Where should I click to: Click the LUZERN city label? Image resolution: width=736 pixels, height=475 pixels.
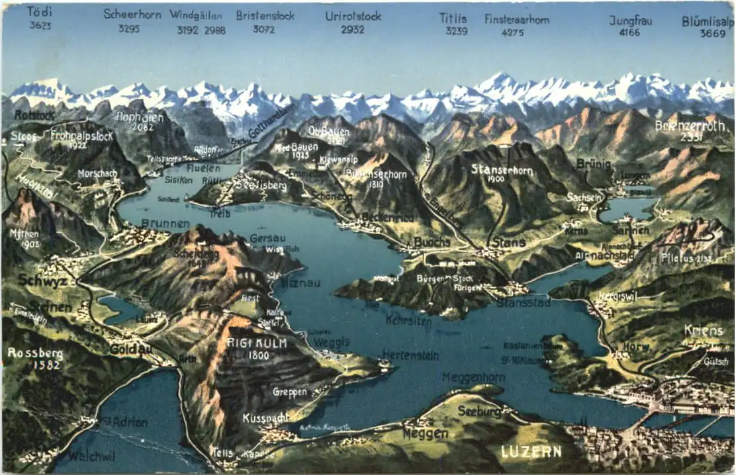click(531, 452)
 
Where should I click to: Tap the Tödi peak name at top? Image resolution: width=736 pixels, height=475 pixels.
click(40, 12)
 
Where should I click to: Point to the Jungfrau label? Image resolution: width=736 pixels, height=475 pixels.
click(630, 21)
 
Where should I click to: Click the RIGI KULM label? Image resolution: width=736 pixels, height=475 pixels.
click(247, 343)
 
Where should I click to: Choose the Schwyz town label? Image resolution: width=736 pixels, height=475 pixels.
click(43, 281)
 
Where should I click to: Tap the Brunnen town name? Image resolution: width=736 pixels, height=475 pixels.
click(165, 224)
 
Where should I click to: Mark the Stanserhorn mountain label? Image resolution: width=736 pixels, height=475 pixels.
click(502, 169)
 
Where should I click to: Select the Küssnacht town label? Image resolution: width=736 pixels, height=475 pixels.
click(265, 418)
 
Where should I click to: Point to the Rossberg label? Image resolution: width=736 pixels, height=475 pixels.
click(35, 353)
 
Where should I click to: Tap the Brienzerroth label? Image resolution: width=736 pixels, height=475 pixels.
click(693, 125)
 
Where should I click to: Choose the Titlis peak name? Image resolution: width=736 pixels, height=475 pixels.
click(453, 19)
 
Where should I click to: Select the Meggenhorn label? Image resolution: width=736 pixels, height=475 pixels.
click(473, 377)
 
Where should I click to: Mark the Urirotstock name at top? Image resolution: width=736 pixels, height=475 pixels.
click(353, 16)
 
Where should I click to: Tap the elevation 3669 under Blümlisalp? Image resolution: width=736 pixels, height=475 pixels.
click(713, 33)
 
